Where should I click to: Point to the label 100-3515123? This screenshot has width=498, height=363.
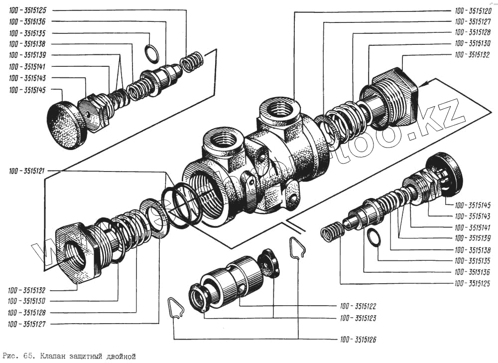pyautogui.click(x=358, y=317)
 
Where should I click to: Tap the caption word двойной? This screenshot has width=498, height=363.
pyautogui.click(x=120, y=357)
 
